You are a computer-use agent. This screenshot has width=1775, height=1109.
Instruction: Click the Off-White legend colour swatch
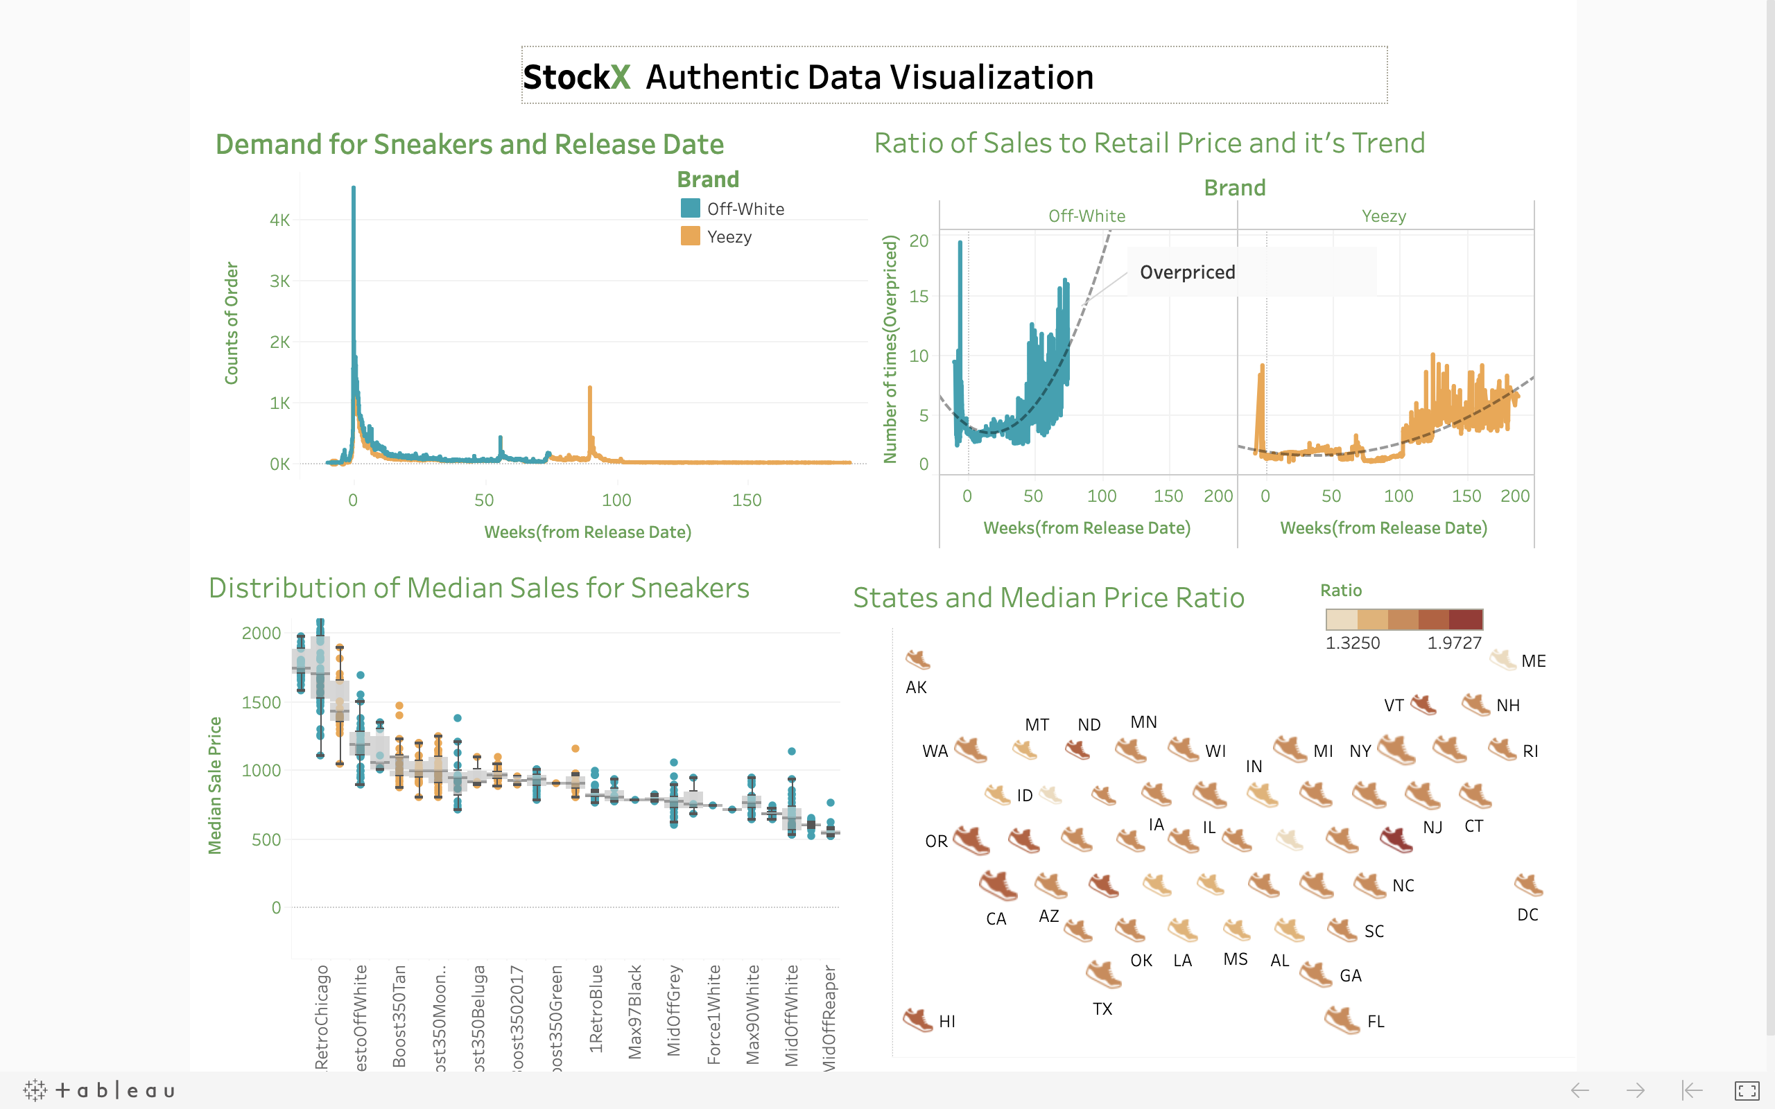tap(690, 209)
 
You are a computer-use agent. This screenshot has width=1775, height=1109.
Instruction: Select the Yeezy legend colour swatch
tap(690, 236)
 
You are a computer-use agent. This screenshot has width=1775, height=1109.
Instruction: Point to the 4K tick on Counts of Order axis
tap(279, 220)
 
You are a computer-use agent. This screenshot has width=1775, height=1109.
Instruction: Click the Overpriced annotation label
tap(1187, 272)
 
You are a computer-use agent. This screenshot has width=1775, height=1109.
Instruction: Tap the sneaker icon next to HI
tap(917, 1020)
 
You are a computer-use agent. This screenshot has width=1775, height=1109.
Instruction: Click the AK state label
tap(916, 688)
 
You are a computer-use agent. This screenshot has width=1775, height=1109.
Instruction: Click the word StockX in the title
tap(576, 77)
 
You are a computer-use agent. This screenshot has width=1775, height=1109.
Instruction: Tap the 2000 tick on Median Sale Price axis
tap(261, 633)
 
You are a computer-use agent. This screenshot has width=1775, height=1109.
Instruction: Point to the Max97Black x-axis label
tap(635, 1012)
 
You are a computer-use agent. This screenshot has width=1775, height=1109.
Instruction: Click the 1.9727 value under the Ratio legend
tap(1454, 643)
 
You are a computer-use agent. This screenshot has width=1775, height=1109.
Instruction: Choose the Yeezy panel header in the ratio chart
tap(1384, 216)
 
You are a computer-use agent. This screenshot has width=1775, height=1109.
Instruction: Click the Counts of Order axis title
tap(232, 323)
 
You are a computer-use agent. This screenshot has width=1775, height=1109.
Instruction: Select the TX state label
tap(1102, 1009)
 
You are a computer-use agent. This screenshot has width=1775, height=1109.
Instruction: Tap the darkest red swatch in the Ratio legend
tap(1466, 620)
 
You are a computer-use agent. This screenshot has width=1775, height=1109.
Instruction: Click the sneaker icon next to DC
tap(1529, 884)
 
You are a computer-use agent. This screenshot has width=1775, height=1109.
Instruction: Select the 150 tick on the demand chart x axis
tap(747, 500)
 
